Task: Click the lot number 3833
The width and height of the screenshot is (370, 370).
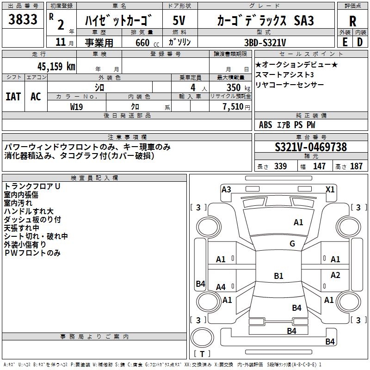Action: pyautogui.click(x=23, y=20)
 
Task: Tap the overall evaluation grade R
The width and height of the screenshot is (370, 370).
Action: pyautogui.click(x=353, y=21)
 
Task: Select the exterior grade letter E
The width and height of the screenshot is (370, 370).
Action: pyautogui.click(x=345, y=42)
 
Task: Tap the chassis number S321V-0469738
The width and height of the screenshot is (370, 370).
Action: pyautogui.click(x=311, y=147)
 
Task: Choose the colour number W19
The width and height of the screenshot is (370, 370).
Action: pyautogui.click(x=76, y=106)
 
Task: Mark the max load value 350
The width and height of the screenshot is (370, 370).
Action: pyautogui.click(x=233, y=87)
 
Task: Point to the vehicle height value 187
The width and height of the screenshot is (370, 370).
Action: pyautogui.click(x=357, y=166)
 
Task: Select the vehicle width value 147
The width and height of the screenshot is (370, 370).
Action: pyautogui.click(x=319, y=166)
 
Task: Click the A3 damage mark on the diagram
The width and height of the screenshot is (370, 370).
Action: pyautogui.click(x=226, y=189)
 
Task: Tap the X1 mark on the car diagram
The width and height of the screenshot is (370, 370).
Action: pyautogui.click(x=330, y=189)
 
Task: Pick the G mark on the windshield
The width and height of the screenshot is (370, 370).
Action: pyautogui.click(x=292, y=244)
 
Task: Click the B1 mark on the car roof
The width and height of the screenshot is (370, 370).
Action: pyautogui.click(x=278, y=276)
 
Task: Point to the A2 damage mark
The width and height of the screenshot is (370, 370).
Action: pyautogui.click(x=335, y=275)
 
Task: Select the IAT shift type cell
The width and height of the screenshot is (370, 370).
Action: pyautogui.click(x=13, y=96)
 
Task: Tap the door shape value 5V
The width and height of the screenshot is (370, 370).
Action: pyautogui.click(x=179, y=21)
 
